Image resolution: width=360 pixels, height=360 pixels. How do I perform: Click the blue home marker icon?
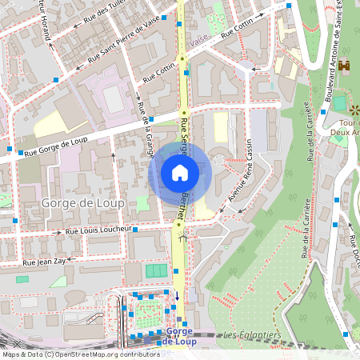pos(180,173)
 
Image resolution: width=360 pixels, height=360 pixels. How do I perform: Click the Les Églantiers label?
pos(249,334)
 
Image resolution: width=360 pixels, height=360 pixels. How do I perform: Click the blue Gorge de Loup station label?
pos(179,336)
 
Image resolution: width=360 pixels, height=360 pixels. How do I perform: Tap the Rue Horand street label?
pos(47,30)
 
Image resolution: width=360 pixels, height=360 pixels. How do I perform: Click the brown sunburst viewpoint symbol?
pos(354,110)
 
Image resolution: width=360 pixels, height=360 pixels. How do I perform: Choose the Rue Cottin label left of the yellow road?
pos(158,74)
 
